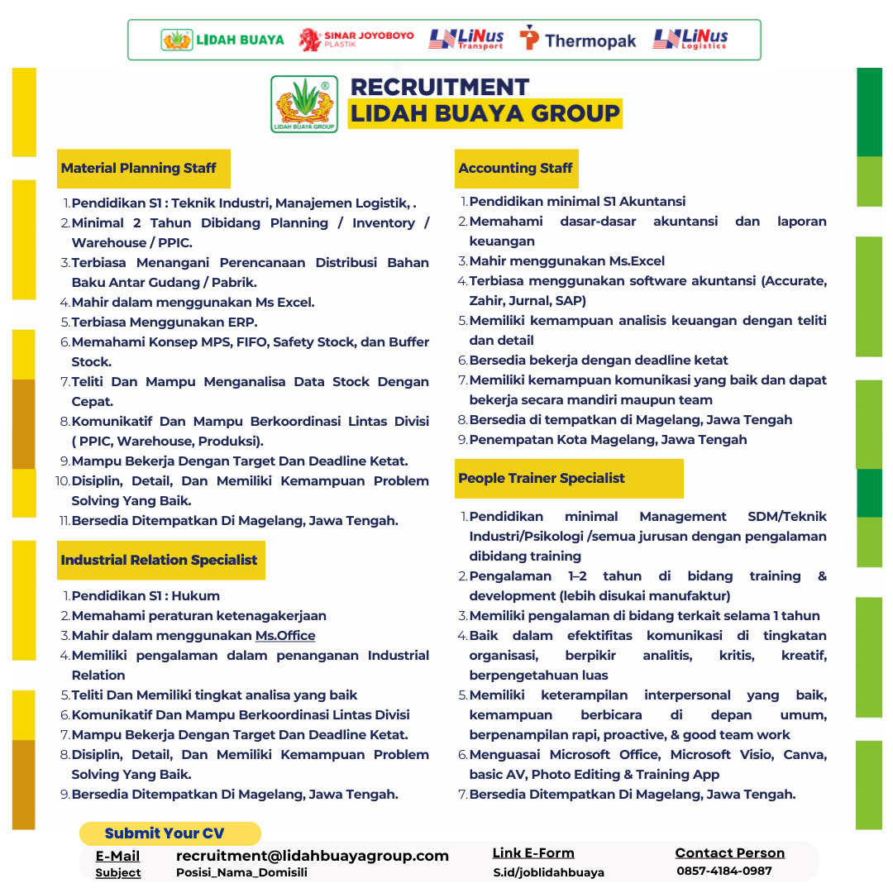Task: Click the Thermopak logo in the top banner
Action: (x=578, y=40)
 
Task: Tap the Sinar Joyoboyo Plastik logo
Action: (x=356, y=40)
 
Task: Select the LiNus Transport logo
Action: (x=466, y=40)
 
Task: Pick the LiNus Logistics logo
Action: (x=690, y=40)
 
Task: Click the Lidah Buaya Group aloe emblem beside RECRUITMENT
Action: (x=304, y=104)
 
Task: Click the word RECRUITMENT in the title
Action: (x=440, y=87)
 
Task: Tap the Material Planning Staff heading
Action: (x=138, y=169)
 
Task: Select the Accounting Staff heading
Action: (x=515, y=169)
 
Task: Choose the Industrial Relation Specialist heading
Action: (x=159, y=560)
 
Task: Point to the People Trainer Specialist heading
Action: (x=542, y=479)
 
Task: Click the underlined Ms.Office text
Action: (x=285, y=636)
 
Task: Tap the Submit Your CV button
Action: (x=165, y=833)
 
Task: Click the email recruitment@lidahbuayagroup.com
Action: (x=313, y=856)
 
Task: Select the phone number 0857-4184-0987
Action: (x=724, y=871)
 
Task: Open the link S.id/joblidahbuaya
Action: (x=549, y=872)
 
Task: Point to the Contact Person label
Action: (x=729, y=853)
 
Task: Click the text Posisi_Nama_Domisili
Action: (x=241, y=872)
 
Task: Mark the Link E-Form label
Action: (x=533, y=853)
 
